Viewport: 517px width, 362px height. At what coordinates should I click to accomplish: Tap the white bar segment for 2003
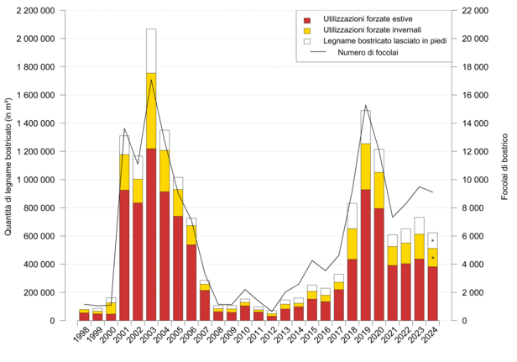(x=151, y=50)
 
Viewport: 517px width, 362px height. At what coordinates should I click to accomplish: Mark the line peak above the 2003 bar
(x=151, y=79)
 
